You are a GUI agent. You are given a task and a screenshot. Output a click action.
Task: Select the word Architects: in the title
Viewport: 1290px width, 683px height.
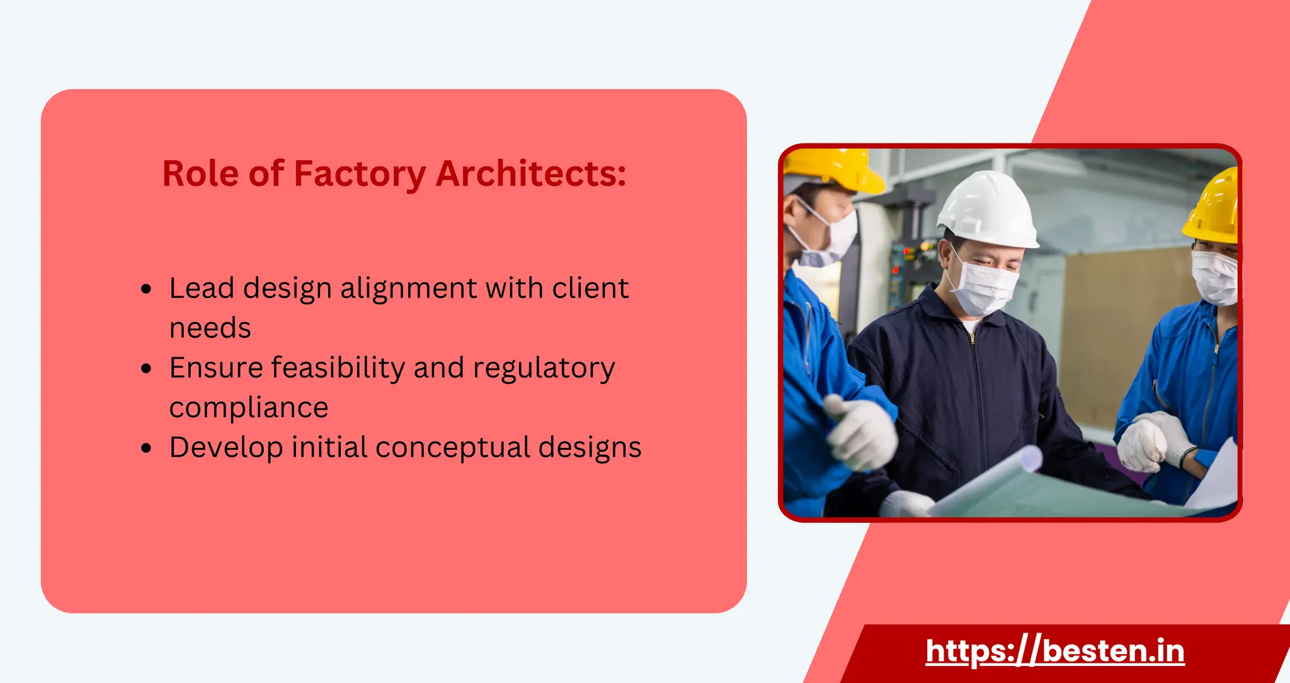531,174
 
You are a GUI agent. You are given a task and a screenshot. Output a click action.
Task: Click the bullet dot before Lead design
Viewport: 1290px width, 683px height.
147,289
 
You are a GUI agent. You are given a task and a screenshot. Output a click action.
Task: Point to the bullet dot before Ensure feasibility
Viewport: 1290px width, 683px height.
147,369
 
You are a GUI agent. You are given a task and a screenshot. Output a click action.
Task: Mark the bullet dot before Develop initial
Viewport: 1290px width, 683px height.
147,448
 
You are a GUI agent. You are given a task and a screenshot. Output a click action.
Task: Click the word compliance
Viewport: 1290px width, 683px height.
249,408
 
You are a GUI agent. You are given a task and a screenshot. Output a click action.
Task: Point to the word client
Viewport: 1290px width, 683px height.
590,289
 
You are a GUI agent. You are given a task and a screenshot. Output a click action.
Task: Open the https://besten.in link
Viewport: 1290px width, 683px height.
1055,651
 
